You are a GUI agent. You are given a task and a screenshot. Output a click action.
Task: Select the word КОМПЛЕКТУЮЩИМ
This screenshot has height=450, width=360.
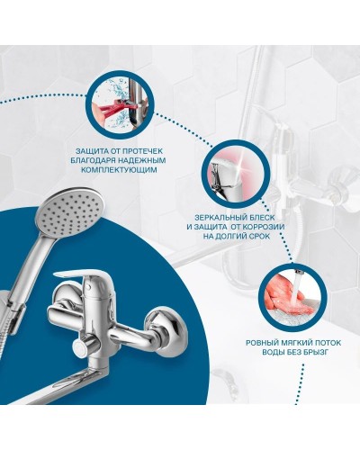click(x=120, y=170)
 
